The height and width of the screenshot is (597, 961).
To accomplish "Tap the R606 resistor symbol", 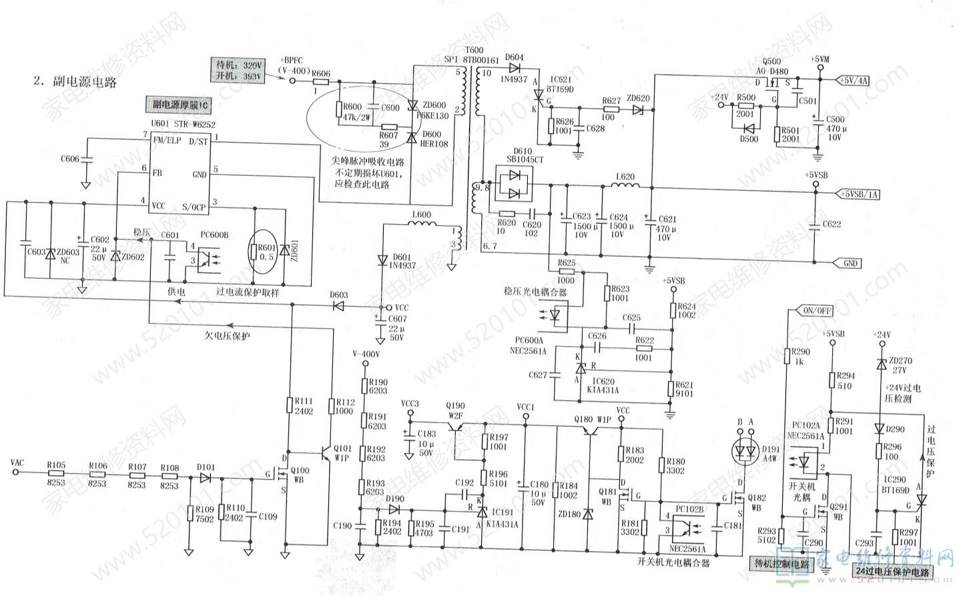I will coord(321,82).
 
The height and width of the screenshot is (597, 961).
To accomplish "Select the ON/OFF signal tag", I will coord(818,311).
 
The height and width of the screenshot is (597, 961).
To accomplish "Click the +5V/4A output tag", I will coord(854,81).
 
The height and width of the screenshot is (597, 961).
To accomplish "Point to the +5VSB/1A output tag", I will coord(858,194).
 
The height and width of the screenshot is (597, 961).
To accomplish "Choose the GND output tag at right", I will coord(849,263).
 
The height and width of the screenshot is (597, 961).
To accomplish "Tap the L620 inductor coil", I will coord(625,185).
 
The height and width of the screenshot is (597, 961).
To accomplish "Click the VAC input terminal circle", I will coord(15,472).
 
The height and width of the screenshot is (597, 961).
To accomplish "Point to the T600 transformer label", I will coord(474,51).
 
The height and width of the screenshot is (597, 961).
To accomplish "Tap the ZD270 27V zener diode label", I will coord(901,365).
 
